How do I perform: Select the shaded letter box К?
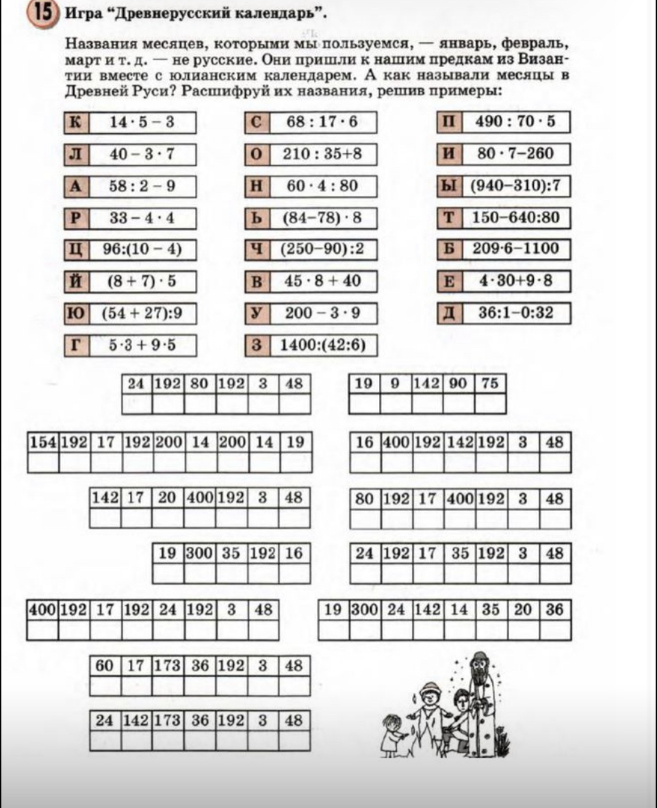(x=75, y=123)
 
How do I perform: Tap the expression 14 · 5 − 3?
(x=142, y=123)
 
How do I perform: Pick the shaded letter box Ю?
(x=75, y=313)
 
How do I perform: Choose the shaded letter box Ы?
(x=449, y=186)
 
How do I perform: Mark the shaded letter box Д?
(x=449, y=313)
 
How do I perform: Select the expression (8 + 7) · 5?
(x=142, y=281)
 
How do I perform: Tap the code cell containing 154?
(x=42, y=442)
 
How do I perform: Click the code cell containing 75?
(x=490, y=384)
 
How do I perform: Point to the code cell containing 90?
(x=458, y=384)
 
